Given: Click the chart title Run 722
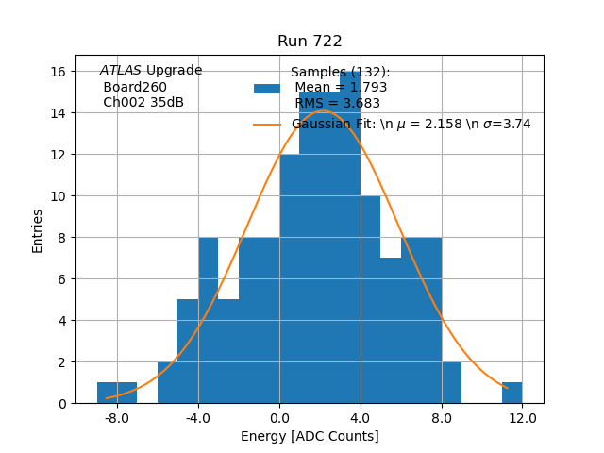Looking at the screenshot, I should pos(310,42).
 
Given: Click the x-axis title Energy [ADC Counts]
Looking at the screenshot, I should pos(310,436).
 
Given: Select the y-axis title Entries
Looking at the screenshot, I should pos(38,230).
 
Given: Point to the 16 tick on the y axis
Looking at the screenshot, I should pos(58,72).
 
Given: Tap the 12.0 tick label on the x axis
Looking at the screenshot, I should pos(522,417).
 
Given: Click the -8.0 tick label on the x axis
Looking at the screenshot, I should pos(117,417).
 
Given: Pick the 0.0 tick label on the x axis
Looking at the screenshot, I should pos(279,417).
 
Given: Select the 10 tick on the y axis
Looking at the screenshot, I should pos(58,196).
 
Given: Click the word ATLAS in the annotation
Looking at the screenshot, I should pos(121,71).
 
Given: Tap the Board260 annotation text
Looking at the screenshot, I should pos(135,88).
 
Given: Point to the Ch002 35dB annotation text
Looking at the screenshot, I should pos(143,103).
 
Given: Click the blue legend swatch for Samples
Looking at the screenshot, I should pos(267,89).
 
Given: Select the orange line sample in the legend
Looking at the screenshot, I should pos(267,124).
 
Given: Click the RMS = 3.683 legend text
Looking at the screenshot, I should pos(337,104).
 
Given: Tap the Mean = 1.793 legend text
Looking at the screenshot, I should pos(341,88).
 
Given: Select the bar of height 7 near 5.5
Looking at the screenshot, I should pos(391,330).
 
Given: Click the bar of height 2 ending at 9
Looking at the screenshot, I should pos(451,382).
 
